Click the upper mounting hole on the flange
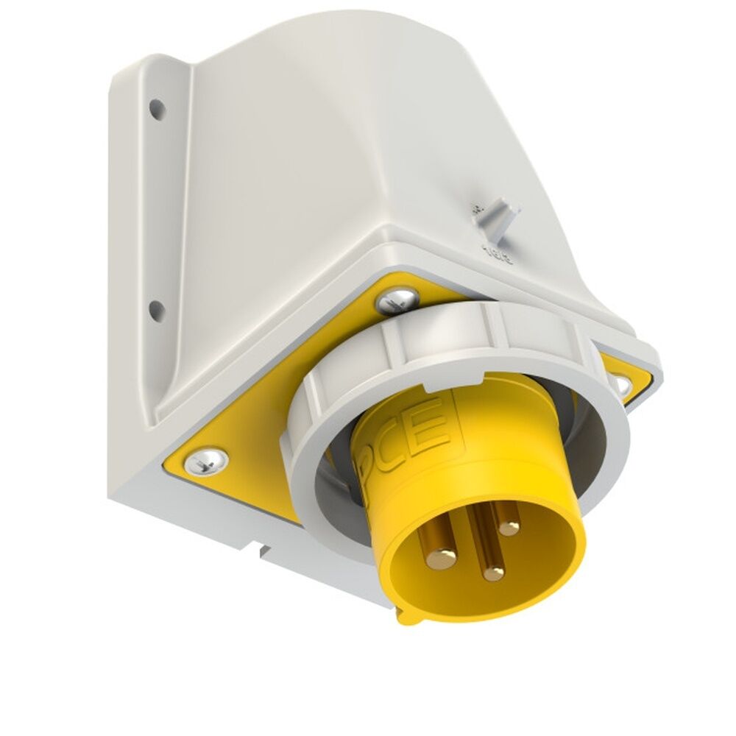click(155, 109)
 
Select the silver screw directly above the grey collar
click(397, 299)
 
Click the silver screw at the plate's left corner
click(205, 461)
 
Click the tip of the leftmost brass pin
click(442, 559)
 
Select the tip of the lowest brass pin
click(493, 573)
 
